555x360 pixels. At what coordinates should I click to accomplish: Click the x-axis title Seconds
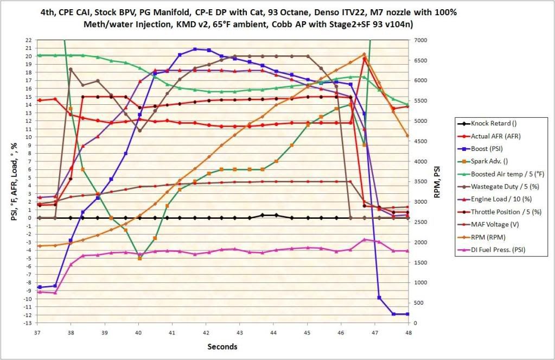pyautogui.click(x=222, y=346)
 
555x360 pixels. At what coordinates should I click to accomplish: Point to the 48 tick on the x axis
pyautogui.click(x=408, y=331)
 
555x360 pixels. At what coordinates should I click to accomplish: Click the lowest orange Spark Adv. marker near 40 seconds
pyautogui.click(x=139, y=258)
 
